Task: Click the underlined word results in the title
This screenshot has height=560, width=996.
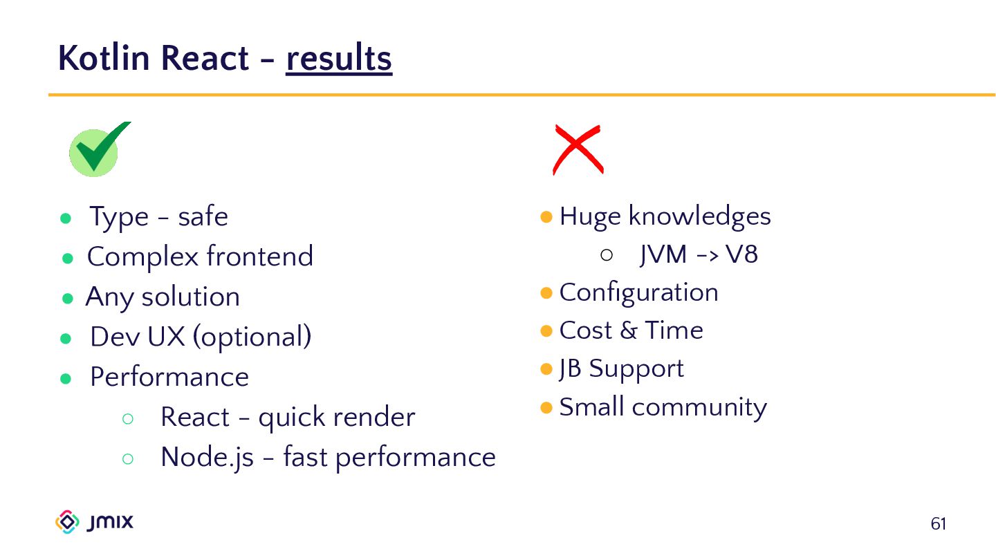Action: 339,58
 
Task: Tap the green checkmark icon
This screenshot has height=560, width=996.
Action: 96,149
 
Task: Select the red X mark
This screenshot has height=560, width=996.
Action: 578,149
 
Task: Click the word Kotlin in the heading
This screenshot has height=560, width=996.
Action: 103,58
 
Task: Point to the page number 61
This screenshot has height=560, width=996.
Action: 938,524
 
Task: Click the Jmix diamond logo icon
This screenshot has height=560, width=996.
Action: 67,522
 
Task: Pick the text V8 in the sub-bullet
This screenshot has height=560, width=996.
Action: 742,255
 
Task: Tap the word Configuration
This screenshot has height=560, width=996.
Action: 638,292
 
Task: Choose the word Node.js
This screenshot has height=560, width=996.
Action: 207,458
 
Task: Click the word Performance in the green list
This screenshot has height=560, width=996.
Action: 169,377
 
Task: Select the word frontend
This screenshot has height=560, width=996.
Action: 259,257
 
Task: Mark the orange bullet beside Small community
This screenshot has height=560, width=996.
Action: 546,407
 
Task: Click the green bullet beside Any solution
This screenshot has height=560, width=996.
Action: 68,299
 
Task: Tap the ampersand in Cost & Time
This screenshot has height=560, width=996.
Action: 628,331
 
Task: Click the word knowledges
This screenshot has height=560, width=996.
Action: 699,217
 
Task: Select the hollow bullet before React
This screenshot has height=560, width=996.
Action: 127,418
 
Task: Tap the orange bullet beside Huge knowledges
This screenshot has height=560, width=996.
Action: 546,217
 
